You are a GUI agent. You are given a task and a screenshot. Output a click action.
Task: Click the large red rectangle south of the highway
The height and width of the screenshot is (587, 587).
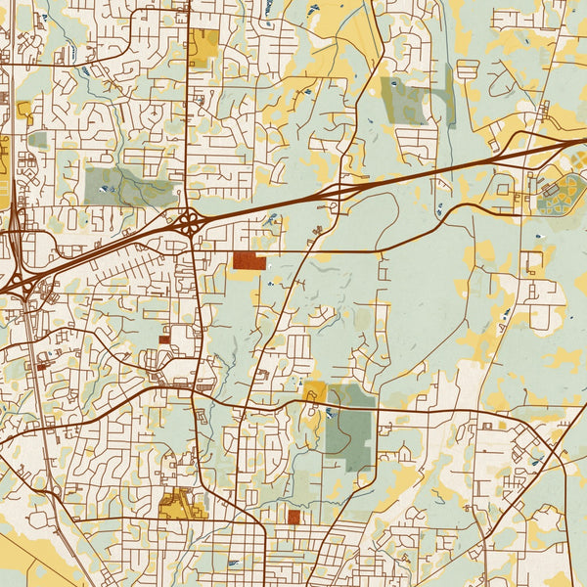coord(248,261)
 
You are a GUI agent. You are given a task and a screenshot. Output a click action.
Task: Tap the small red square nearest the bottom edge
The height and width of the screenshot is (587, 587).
coord(293,516)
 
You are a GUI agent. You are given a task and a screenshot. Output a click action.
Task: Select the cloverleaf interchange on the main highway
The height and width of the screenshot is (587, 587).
coord(188,224)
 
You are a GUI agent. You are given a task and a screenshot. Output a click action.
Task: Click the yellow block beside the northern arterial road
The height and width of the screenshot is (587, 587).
coord(204,46)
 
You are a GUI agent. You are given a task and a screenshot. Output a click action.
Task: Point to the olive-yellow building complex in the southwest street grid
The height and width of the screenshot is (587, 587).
coord(177,506)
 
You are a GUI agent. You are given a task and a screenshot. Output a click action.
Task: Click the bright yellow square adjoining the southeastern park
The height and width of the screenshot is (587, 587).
coord(315,392)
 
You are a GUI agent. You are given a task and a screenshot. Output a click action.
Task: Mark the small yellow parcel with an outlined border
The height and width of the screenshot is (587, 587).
coord(23,110)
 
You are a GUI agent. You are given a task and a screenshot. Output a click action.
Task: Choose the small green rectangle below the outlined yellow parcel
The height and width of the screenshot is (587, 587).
coord(37,140)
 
